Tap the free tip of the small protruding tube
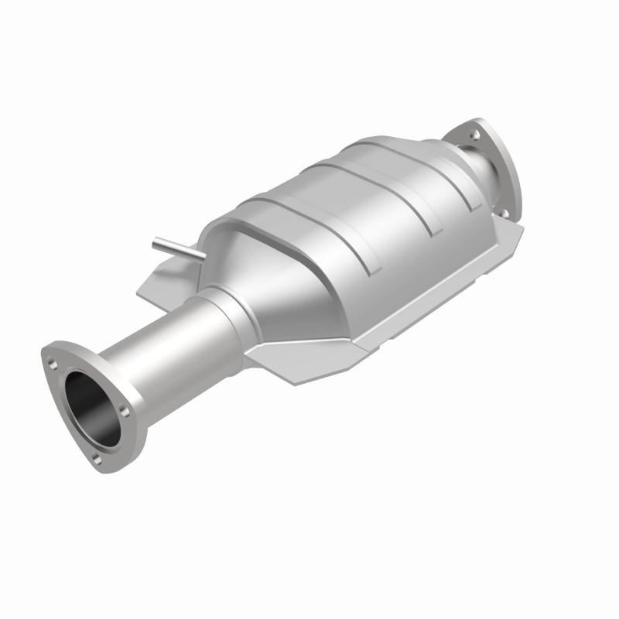tap(155, 241)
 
